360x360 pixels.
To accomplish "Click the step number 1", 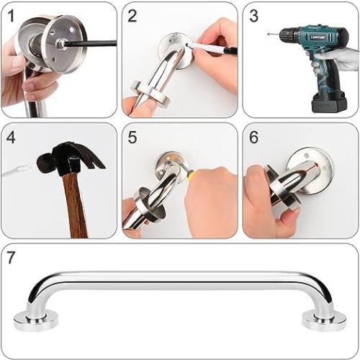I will [11, 15].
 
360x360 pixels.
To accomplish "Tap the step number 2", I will [132, 15].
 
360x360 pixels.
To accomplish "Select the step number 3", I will [253, 15].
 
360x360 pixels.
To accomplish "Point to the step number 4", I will [12, 136].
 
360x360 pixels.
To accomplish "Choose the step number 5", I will [132, 136].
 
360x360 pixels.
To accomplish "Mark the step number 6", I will [253, 136].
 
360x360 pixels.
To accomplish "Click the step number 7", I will [12, 257].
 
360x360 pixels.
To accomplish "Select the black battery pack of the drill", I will [328, 100].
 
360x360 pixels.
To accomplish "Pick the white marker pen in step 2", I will [209, 48].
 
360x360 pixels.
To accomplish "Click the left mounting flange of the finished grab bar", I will [32, 318].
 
